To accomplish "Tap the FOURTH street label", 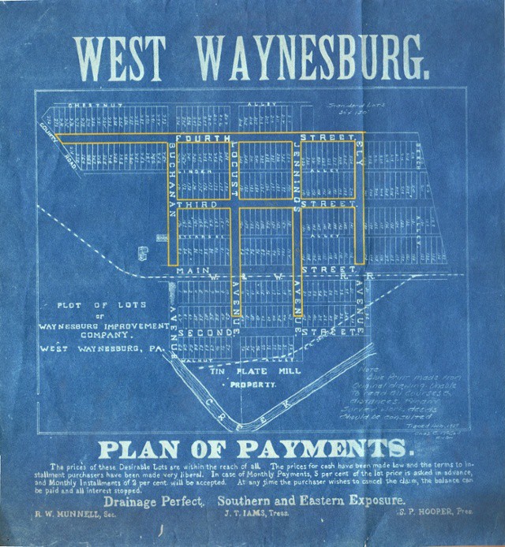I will pyautogui.click(x=204, y=138).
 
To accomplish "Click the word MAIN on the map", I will pyautogui.click(x=194, y=270).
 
